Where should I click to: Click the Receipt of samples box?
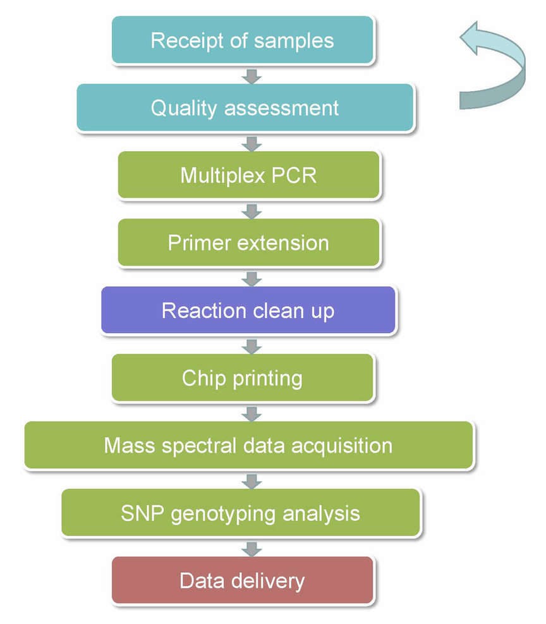pos(243,40)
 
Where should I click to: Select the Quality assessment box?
pos(245,107)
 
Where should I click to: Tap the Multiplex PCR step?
pos(248,175)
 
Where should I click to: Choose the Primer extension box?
pos(248,243)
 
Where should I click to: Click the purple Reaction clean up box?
pos(248,310)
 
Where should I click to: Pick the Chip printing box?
pos(243,378)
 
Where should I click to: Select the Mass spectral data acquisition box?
pos(248,445)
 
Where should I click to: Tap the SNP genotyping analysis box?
pos(241,513)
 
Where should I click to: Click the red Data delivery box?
pos(243,580)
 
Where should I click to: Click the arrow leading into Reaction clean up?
pos(252,278)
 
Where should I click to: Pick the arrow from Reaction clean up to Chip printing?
pos(252,345)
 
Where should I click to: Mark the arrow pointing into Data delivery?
pos(252,548)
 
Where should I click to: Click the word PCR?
pos(294,175)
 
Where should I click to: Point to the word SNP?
pos(141,513)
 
